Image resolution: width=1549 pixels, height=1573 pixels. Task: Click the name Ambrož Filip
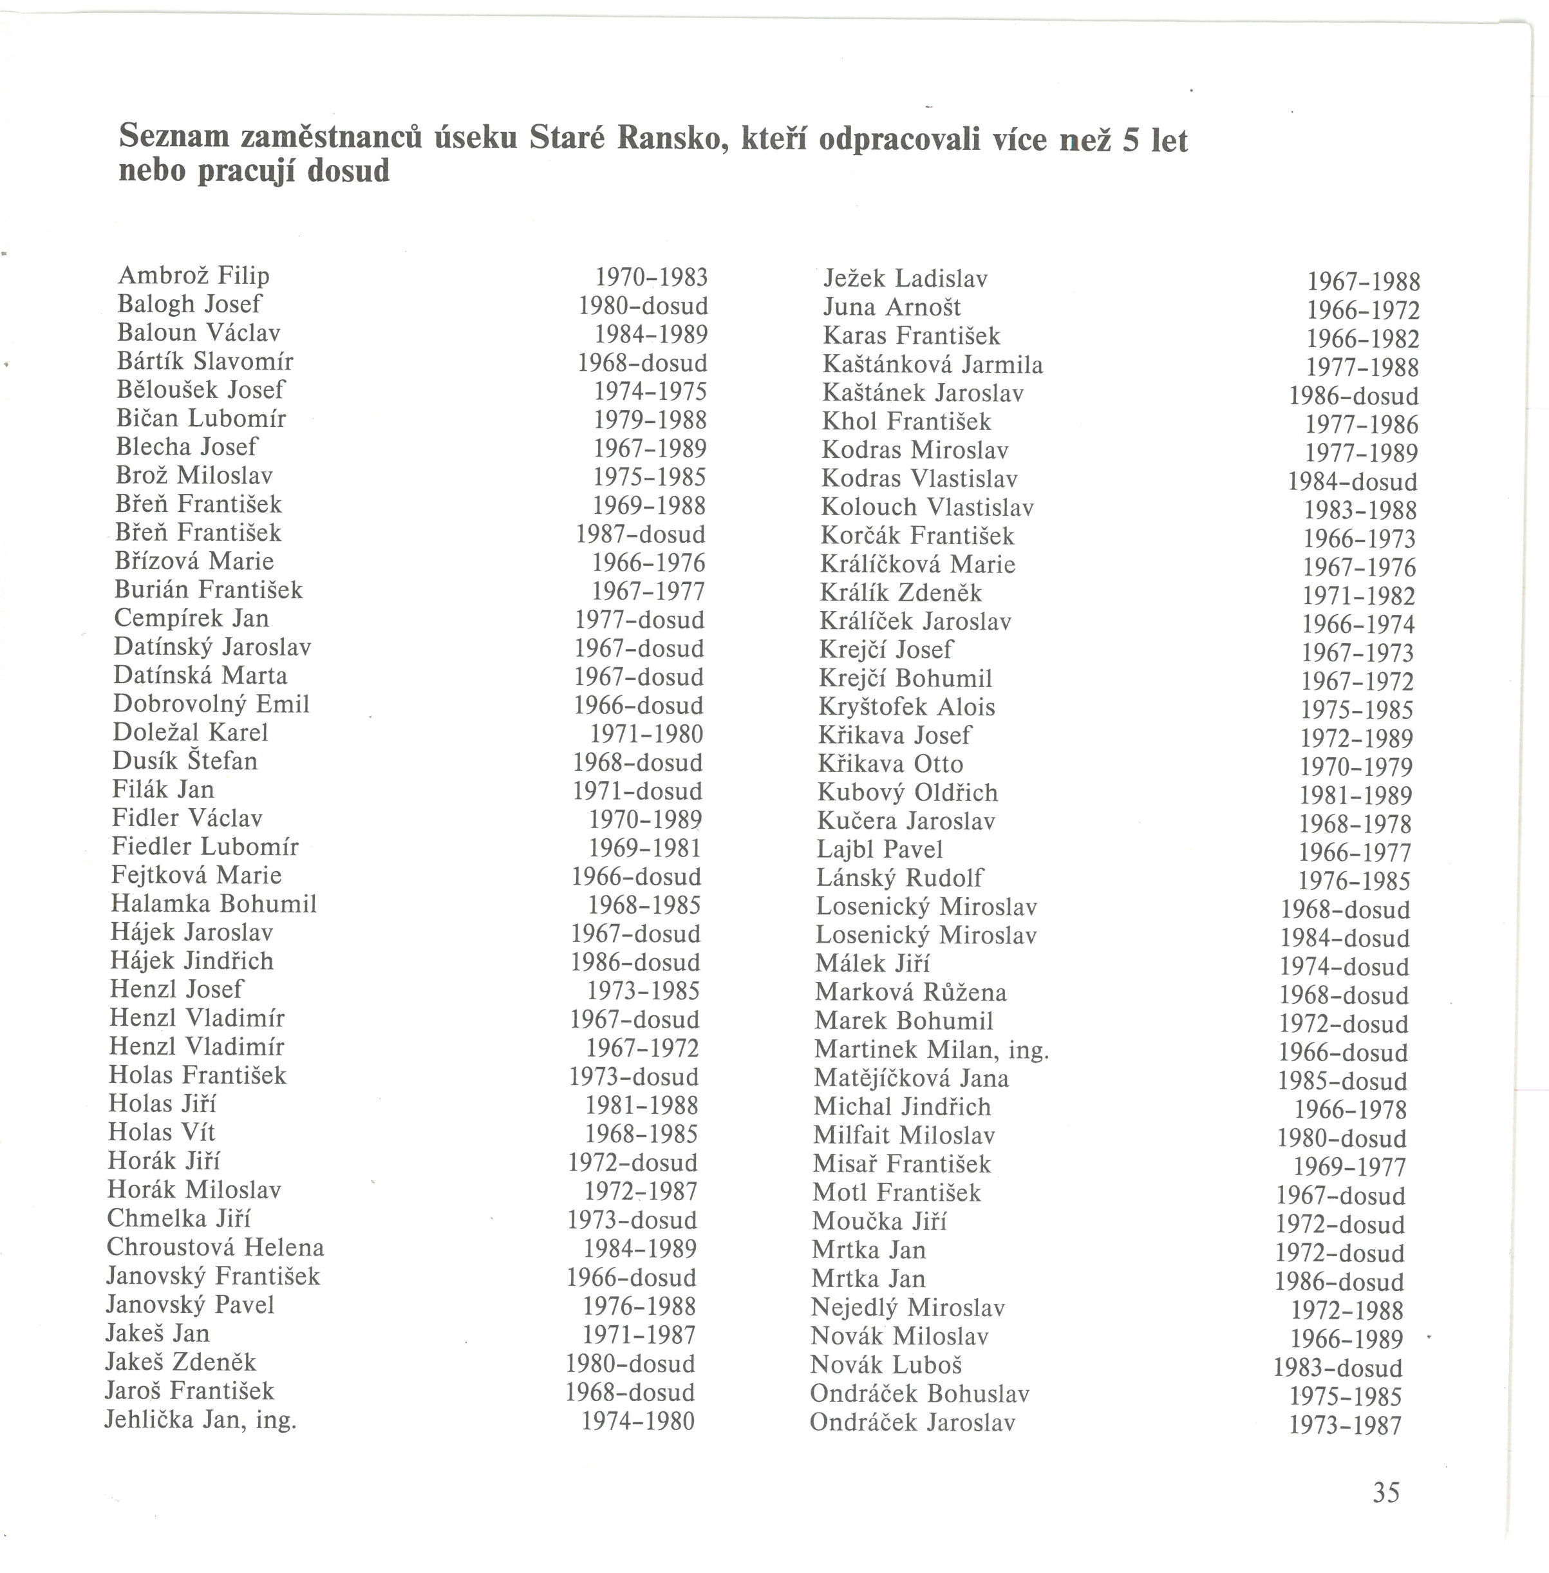point(194,276)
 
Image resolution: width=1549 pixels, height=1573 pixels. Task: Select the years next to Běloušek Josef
point(650,391)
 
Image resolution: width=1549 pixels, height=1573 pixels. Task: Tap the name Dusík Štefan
point(185,761)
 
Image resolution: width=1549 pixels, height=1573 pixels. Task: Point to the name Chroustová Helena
point(216,1247)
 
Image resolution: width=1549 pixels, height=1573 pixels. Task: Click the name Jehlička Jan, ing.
point(200,1420)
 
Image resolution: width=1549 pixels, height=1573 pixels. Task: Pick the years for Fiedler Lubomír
point(644,848)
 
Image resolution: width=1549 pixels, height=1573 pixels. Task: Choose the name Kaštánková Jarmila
point(932,364)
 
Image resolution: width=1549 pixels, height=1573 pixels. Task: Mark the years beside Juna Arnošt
point(1363,311)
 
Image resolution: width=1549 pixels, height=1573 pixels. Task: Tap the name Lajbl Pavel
point(879,849)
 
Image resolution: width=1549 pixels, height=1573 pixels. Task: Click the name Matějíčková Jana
point(911,1078)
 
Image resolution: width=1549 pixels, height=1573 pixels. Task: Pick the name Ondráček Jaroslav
point(912,1422)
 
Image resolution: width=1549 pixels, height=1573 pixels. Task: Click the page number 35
point(1386,1493)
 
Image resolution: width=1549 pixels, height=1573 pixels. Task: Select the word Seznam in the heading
point(173,136)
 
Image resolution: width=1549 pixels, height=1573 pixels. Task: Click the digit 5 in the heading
point(1130,141)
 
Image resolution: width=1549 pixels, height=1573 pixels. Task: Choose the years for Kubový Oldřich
point(1355,795)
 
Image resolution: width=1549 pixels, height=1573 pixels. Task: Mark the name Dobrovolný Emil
point(212,704)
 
